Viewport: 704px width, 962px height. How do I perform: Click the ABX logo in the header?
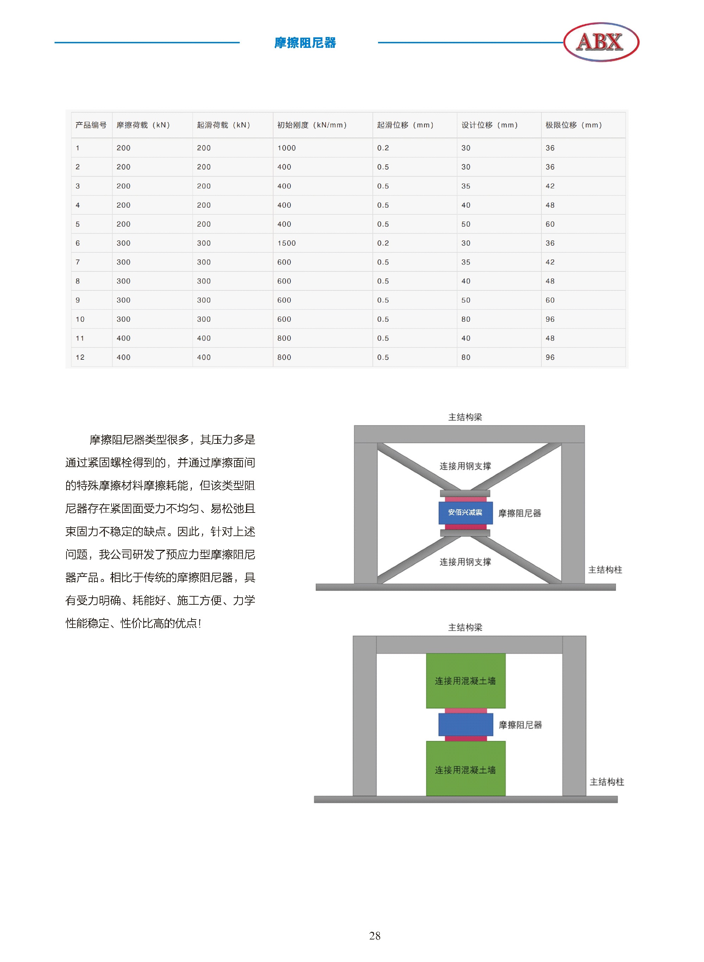[601, 42]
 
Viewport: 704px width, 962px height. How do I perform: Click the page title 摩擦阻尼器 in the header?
[305, 43]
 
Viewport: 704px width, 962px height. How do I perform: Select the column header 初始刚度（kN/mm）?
[312, 125]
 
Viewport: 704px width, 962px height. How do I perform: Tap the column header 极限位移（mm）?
[574, 125]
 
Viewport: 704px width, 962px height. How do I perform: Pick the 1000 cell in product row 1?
[287, 148]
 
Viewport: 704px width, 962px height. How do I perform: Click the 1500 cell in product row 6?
[287, 243]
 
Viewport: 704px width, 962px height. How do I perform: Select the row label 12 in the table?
[80, 357]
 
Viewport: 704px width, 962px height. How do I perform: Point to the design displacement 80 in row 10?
[466, 319]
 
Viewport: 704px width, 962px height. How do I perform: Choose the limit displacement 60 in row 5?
[550, 224]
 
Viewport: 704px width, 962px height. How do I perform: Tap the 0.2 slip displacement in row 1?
[383, 148]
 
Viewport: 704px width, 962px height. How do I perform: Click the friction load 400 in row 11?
[124, 338]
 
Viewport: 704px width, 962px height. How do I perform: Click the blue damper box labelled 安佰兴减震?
[466, 513]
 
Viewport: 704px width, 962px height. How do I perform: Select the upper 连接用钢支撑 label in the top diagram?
[465, 466]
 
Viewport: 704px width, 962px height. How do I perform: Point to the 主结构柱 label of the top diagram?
[605, 570]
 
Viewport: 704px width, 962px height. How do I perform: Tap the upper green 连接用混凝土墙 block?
[466, 681]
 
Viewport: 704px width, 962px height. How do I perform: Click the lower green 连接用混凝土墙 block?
[466, 768]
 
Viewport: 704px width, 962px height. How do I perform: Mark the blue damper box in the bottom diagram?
[466, 725]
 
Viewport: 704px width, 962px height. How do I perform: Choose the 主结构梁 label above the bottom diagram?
[465, 627]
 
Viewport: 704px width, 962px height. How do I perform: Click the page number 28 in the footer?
[375, 936]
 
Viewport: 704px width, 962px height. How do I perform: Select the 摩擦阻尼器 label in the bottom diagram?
[520, 725]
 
